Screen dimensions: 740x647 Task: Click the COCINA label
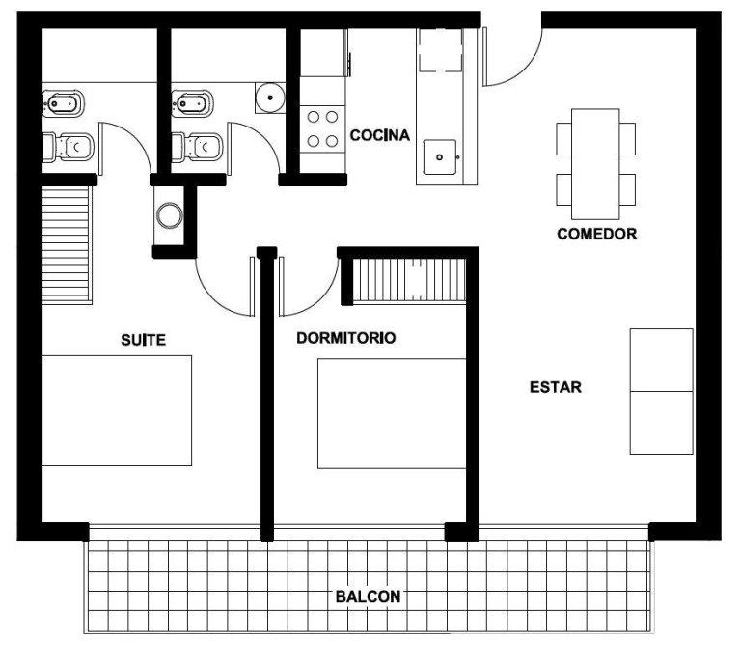click(380, 135)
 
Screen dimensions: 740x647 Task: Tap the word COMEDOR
click(597, 234)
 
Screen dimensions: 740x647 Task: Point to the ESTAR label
click(556, 387)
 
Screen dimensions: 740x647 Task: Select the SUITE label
click(144, 340)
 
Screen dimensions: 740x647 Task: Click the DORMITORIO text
click(346, 338)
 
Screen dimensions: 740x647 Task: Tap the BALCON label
click(369, 597)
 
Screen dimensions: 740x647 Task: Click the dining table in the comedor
click(595, 164)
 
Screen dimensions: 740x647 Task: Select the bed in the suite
click(117, 410)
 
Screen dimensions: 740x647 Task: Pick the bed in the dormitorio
click(392, 413)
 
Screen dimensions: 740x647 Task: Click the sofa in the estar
click(662, 391)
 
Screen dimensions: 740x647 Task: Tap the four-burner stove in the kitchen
click(323, 128)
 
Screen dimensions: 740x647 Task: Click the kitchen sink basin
click(440, 156)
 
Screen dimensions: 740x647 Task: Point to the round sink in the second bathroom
click(270, 98)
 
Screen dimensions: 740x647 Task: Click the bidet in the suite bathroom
click(64, 102)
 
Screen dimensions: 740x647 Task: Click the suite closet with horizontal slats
click(67, 244)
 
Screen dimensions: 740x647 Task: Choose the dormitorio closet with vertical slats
click(409, 280)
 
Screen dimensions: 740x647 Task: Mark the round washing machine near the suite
click(169, 215)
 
